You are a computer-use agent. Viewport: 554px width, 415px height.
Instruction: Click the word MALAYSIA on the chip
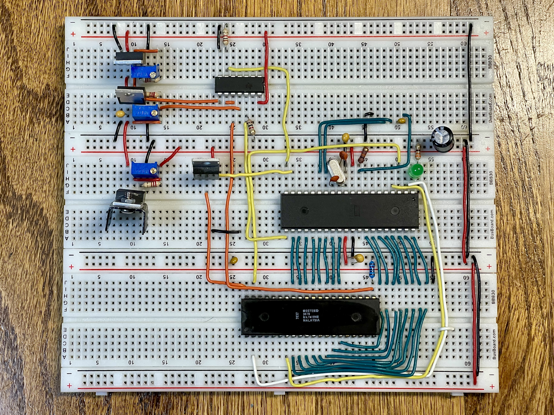[x=311, y=320]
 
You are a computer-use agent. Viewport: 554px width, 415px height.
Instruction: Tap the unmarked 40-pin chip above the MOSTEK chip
[x=349, y=211]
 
